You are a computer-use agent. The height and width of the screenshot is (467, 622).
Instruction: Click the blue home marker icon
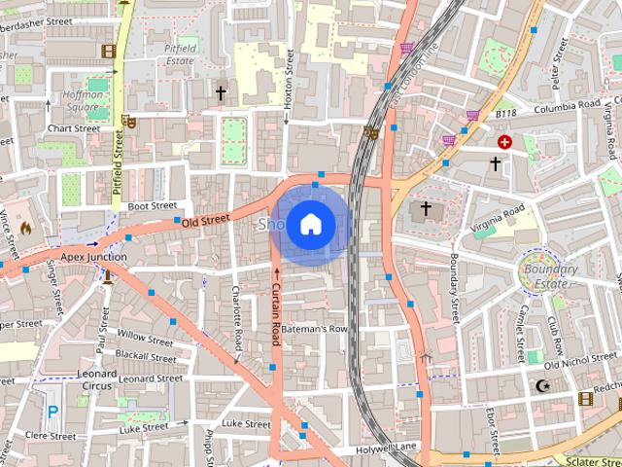point(310,225)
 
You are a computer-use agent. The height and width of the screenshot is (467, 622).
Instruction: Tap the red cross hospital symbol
point(504,142)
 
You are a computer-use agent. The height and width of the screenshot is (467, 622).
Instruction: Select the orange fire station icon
point(25,228)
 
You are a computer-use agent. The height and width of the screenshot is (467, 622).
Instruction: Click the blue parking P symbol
point(52,413)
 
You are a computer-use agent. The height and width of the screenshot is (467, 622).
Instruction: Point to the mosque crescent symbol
point(542,386)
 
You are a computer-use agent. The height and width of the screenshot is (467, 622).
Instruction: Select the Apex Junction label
point(93,257)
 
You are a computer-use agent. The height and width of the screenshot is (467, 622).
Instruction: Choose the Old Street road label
point(204,220)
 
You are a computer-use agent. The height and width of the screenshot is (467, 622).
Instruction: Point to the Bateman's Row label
point(314,329)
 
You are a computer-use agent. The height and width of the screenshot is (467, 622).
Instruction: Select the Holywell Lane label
point(386,447)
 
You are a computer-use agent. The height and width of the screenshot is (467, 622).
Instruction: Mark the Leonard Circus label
point(97,379)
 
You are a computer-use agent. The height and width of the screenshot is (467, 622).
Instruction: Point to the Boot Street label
point(152,206)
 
